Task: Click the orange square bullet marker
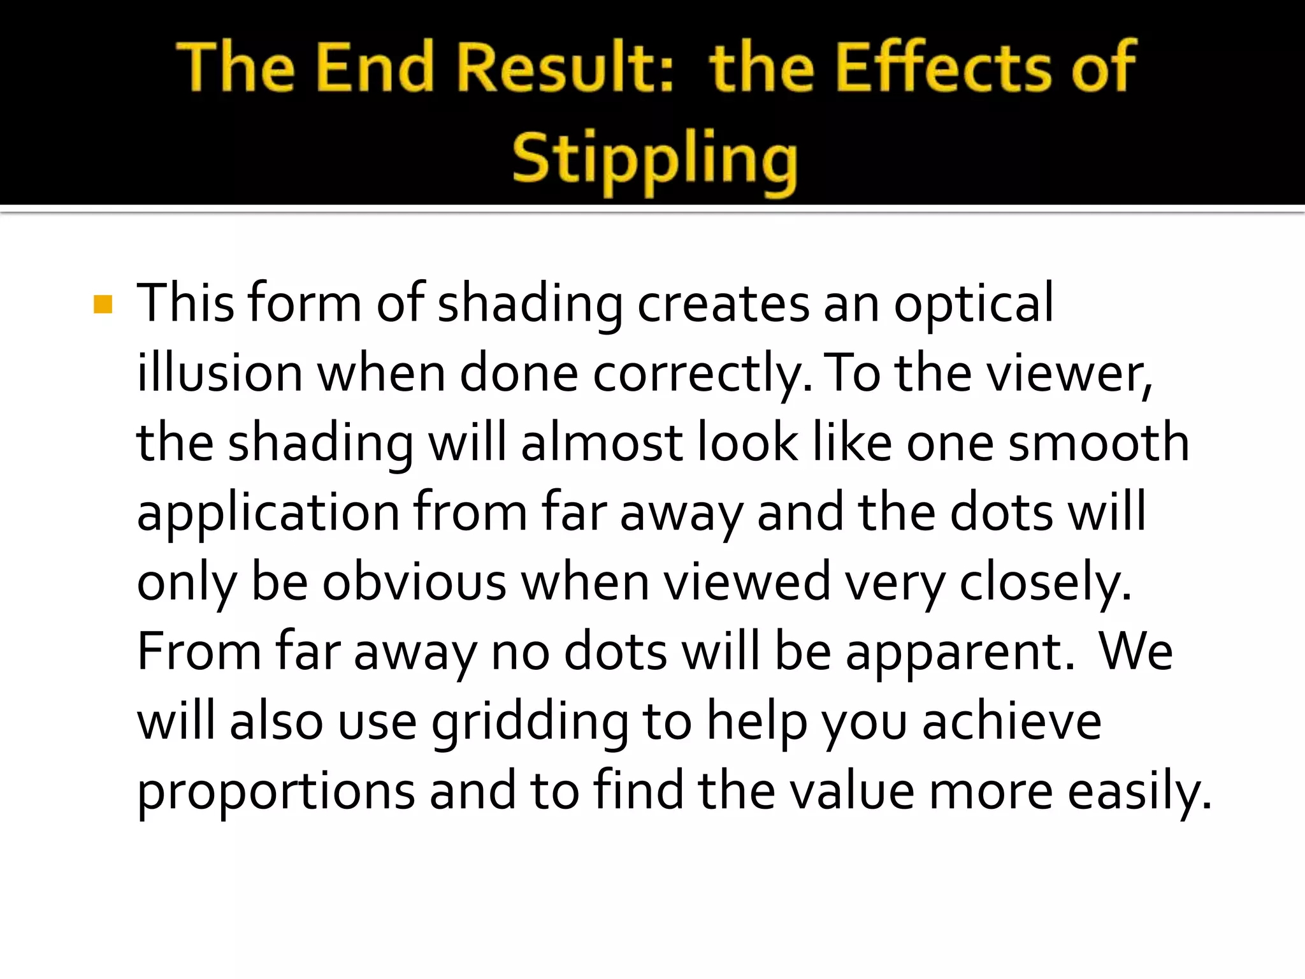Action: [x=103, y=304]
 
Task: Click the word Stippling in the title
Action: [x=654, y=159]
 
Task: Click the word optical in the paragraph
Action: [x=973, y=304]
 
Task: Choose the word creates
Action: [x=724, y=304]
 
